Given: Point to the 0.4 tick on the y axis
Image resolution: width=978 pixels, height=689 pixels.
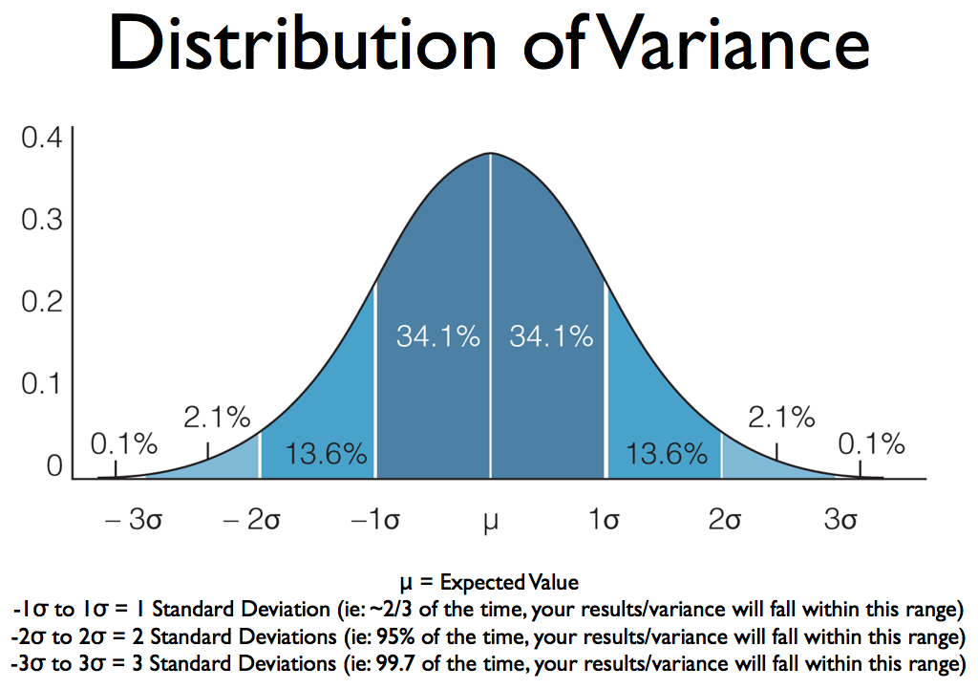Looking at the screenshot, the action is (x=42, y=138).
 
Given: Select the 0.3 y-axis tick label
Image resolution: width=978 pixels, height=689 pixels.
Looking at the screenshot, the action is (x=42, y=220).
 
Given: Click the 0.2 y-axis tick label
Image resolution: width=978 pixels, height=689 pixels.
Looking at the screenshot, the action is (x=42, y=302).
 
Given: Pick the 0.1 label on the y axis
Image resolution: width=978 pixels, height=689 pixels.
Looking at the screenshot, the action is (x=42, y=384).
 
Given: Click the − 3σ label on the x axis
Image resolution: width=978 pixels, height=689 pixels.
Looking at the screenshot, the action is (x=134, y=519).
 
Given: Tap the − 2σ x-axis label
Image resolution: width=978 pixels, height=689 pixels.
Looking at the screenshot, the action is (x=252, y=519).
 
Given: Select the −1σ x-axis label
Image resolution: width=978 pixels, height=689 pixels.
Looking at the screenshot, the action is (x=375, y=519).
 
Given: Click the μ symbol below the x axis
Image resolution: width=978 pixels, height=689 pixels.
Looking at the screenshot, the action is (x=491, y=522).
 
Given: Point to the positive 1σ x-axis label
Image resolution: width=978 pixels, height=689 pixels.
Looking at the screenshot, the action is (x=605, y=519).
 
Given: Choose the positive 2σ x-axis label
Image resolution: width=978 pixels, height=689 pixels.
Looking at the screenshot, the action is (x=724, y=519).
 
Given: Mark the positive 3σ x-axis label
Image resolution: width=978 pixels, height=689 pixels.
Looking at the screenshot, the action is (x=840, y=519).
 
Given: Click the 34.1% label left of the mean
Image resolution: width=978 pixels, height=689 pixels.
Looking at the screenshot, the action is (x=438, y=337).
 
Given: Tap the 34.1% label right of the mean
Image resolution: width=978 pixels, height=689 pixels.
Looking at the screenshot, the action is (x=551, y=337).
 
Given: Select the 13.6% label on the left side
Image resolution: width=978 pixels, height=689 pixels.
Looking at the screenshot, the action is (x=327, y=454).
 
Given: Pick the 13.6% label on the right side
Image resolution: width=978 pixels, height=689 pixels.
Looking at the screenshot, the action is (x=667, y=454).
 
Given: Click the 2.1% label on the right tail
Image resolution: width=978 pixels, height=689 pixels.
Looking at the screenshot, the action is (x=781, y=418).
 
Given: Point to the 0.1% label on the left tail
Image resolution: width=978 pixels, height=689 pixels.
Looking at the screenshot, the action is (x=124, y=444).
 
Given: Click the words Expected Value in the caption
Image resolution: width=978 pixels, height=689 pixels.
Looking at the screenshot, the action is (x=509, y=582).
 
